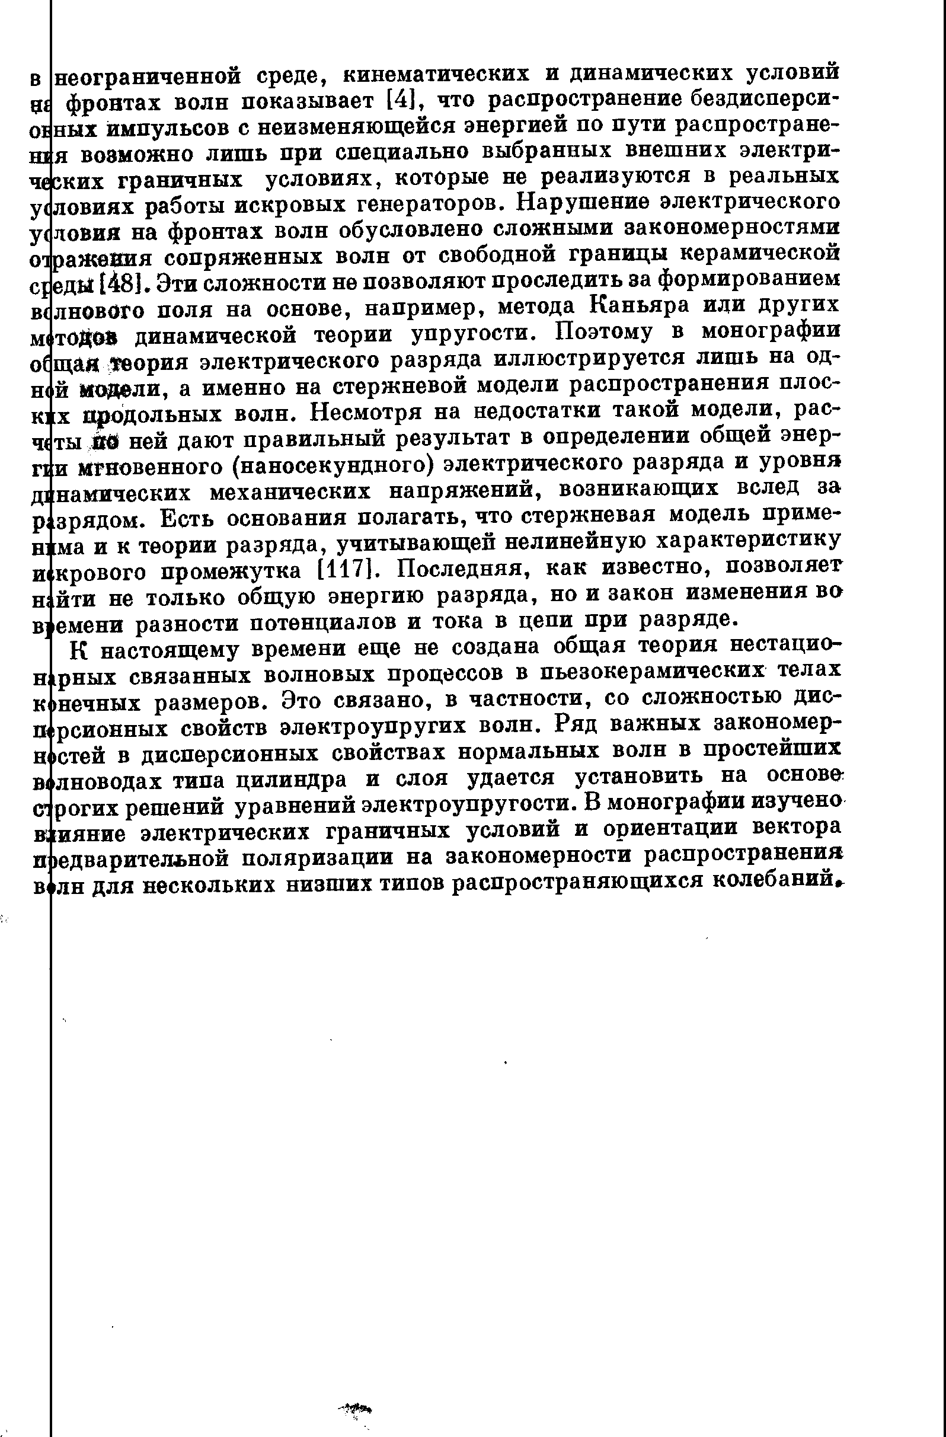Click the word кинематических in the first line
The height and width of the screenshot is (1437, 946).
(436, 75)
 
